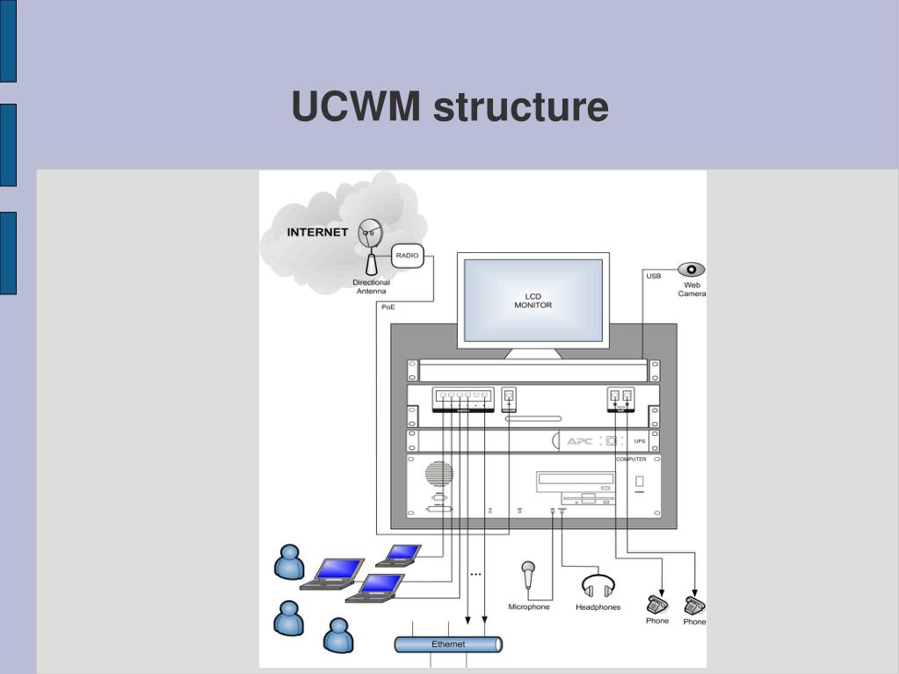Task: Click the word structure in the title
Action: click(521, 107)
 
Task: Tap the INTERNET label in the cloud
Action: click(317, 233)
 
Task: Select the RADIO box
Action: click(408, 256)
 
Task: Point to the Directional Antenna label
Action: click(371, 287)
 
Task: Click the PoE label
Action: click(388, 307)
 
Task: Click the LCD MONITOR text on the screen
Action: click(533, 301)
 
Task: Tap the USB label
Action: click(654, 277)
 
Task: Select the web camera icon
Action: click(691, 270)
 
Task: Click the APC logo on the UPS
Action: click(580, 440)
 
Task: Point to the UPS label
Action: click(640, 441)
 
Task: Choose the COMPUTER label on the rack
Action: click(631, 460)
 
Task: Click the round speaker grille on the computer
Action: click(439, 475)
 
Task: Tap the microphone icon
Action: click(528, 576)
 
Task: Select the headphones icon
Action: click(598, 586)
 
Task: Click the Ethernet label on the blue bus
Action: click(448, 644)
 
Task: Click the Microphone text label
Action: click(529, 607)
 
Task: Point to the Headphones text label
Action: click(598, 607)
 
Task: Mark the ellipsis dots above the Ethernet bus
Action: click(475, 575)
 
